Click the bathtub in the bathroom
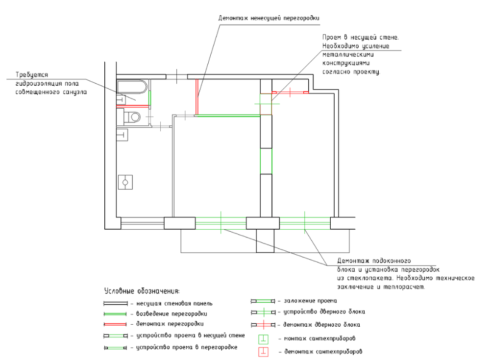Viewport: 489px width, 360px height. [132, 87]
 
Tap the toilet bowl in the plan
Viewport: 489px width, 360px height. [132, 117]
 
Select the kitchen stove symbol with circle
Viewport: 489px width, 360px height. [125, 182]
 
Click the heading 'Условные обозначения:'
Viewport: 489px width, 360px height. [142, 291]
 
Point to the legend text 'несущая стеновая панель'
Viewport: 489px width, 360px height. [174, 303]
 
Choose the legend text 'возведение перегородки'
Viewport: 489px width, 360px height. [171, 313]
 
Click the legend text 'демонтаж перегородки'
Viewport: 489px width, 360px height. [170, 324]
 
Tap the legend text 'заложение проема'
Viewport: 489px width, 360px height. [310, 301]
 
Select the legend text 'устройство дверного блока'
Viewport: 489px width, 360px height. [324, 312]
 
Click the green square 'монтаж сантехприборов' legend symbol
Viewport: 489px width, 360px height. [264, 339]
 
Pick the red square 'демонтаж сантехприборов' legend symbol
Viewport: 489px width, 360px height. [264, 352]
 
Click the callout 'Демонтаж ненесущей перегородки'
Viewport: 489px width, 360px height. [269, 18]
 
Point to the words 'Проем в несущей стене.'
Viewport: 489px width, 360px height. [361, 37]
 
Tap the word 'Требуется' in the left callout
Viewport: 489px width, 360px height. [32, 75]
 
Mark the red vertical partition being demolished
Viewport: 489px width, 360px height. [197, 97]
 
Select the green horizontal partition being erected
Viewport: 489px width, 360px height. [229, 116]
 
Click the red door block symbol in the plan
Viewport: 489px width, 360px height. [290, 92]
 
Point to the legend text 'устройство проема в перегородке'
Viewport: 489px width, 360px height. [187, 347]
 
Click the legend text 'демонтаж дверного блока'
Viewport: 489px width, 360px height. [321, 325]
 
